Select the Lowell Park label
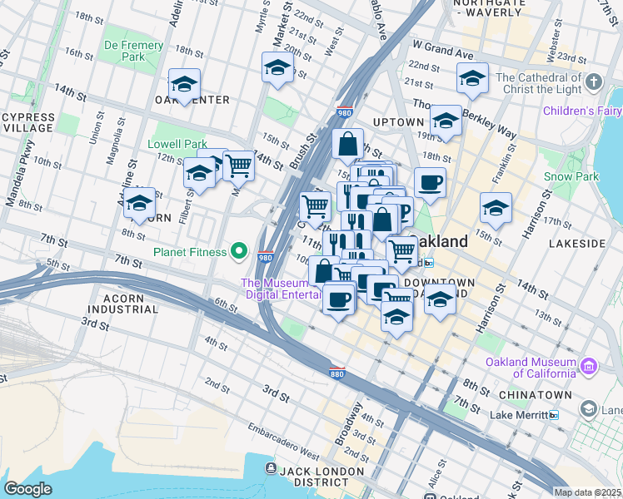(177, 144)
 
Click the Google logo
(28, 488)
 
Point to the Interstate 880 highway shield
(336, 372)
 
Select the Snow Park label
(571, 176)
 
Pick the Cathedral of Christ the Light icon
(593, 82)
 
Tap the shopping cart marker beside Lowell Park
(238, 165)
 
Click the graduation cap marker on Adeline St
(139, 203)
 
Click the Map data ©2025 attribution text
(587, 492)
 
